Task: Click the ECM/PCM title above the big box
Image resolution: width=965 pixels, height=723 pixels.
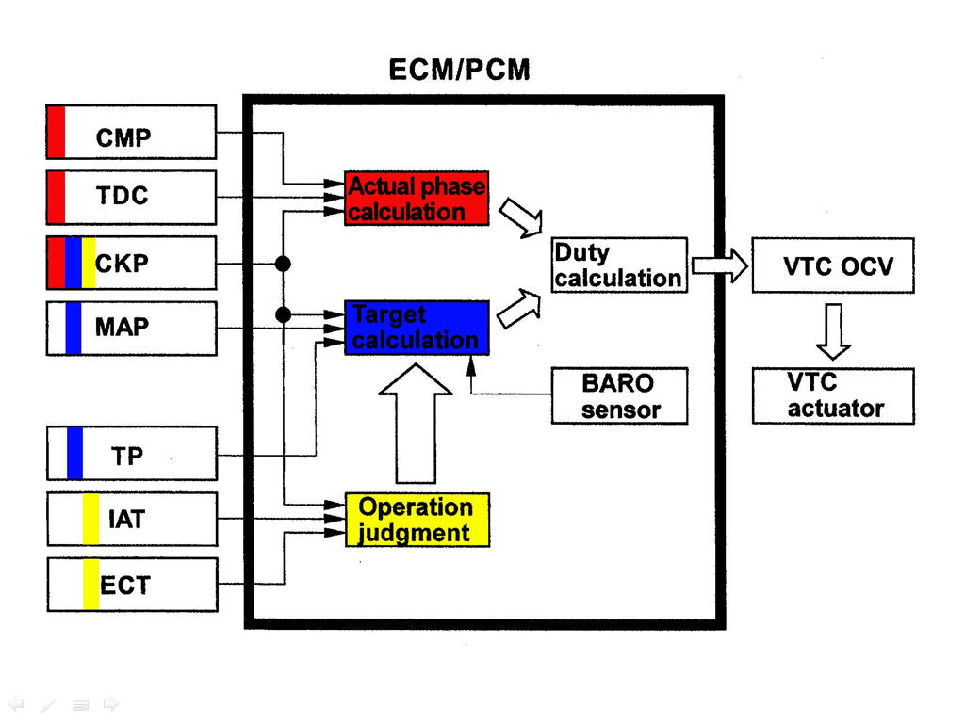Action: pos(459,70)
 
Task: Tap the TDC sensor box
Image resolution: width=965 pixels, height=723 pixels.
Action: pos(131,197)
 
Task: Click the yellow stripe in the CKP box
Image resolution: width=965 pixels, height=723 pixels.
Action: pos(89,263)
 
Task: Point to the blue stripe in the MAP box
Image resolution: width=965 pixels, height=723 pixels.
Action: pos(74,328)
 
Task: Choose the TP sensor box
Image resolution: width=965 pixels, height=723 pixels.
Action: pos(131,454)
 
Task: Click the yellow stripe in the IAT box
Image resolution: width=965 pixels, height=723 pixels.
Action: pos(90,519)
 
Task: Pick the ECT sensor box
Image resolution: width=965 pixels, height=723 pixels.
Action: pos(131,585)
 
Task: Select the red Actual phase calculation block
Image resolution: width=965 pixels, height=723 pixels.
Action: pos(417,199)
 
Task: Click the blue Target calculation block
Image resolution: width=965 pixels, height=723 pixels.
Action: pos(417,328)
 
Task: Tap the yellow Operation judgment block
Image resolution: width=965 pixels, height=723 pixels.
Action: pos(417,520)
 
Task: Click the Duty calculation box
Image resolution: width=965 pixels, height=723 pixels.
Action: pos(618,265)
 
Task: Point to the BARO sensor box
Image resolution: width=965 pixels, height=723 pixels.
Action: pos(619,396)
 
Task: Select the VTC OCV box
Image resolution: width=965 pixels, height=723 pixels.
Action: pos(833,265)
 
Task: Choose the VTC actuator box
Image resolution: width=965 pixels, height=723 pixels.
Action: pos(833,396)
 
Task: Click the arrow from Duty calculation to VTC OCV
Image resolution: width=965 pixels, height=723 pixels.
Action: pos(719,265)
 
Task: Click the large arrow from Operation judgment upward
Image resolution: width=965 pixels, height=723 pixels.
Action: pos(415,424)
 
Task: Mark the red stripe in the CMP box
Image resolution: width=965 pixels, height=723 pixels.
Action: pos(57,132)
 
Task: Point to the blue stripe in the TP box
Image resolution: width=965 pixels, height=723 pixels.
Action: pos(74,454)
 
